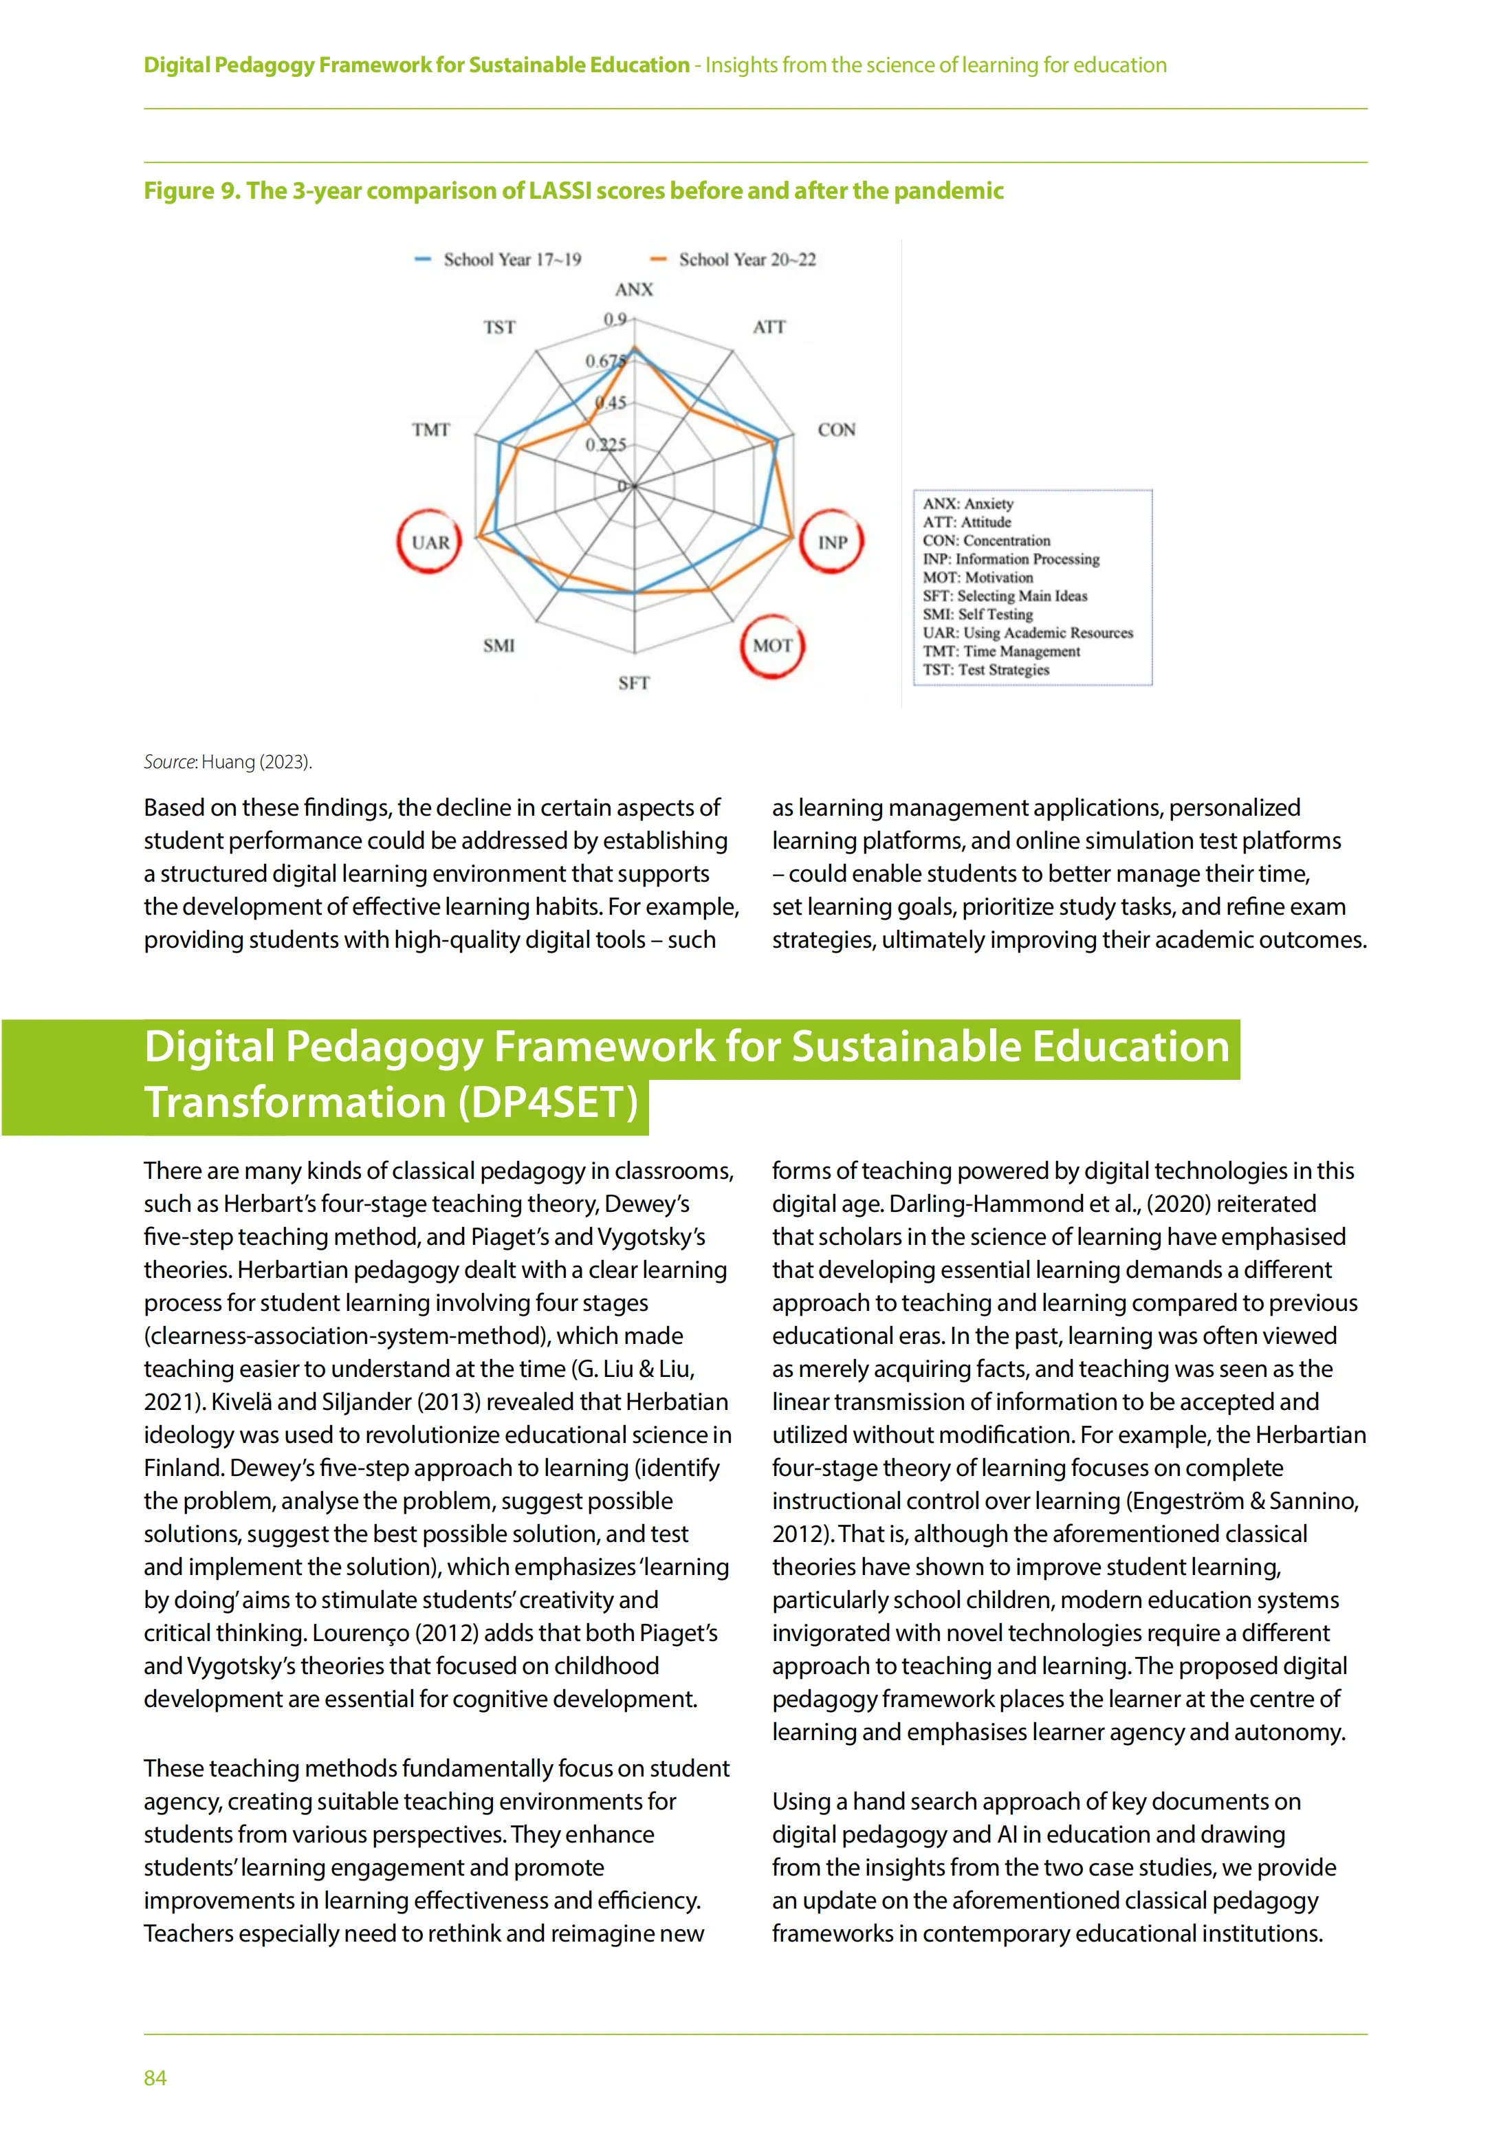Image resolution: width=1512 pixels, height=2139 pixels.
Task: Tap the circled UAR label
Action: click(430, 542)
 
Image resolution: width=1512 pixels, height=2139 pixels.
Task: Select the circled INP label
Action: click(832, 542)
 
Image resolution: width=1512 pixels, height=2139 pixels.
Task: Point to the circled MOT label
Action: click(772, 646)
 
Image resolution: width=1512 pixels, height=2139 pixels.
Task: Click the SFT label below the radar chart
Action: click(633, 683)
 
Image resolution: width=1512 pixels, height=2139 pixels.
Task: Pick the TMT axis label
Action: click(430, 429)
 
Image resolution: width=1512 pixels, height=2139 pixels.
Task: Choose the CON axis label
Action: click(835, 429)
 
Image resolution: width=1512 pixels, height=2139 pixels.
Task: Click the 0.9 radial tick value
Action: click(615, 320)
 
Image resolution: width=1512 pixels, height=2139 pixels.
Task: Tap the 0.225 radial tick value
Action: click(606, 444)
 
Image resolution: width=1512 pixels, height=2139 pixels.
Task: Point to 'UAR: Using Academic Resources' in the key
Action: click(1027, 633)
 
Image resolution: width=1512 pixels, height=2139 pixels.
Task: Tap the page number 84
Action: click(155, 2078)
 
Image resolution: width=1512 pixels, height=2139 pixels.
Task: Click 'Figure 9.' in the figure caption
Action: click(192, 191)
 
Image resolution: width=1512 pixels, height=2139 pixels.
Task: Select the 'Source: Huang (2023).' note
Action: click(228, 762)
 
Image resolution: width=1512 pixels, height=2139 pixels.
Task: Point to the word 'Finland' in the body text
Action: click(183, 1468)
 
